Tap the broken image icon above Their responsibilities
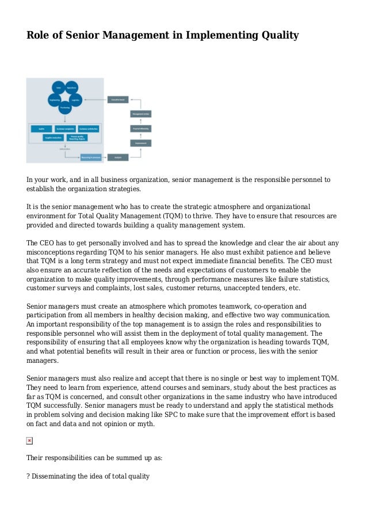pos(30,441)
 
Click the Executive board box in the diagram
pos(117,99)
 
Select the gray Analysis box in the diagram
pos(117,156)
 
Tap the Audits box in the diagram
pos(42,128)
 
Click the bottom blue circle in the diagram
pos(65,108)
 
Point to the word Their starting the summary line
pos(36,458)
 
